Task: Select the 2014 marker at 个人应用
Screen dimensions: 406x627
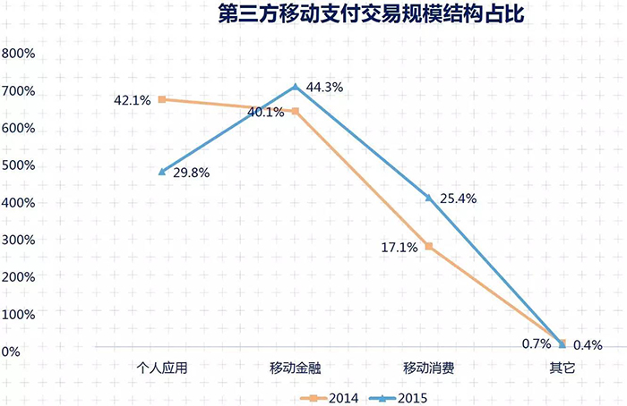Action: tap(161, 99)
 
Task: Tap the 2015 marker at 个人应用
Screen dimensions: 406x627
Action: tap(161, 172)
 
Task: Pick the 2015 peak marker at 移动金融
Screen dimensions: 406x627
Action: tap(295, 87)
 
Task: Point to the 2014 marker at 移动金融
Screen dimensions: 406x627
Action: tap(295, 112)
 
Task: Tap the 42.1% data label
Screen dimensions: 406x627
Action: tap(132, 100)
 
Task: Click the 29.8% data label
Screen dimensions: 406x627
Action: tap(191, 173)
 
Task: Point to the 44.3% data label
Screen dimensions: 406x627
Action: tap(325, 88)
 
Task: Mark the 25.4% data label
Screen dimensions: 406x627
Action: tap(458, 199)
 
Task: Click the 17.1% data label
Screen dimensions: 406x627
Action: tap(399, 248)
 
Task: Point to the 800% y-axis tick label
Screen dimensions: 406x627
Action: tap(19, 54)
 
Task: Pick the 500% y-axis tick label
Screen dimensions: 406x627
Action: tap(19, 165)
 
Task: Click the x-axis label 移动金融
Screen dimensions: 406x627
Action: tap(295, 368)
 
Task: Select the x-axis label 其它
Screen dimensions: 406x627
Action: tap(562, 368)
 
